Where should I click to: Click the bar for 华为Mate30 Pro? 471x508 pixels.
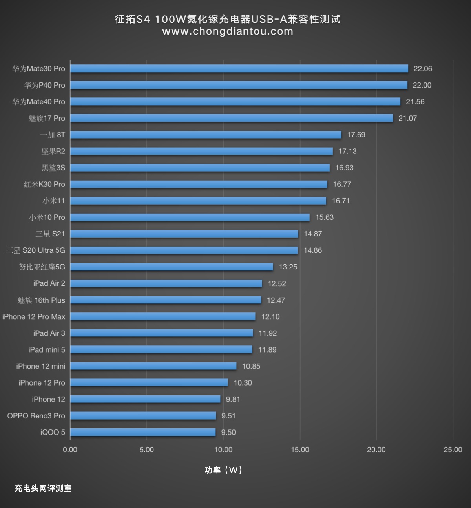tap(239, 69)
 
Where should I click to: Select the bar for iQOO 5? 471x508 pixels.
tap(143, 432)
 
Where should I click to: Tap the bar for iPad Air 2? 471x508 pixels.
tap(166, 283)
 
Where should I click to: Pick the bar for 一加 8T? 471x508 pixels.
tap(206, 135)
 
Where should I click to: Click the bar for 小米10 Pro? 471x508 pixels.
tap(190, 217)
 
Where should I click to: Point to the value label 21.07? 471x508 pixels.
tap(407, 118)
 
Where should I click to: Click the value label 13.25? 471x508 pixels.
tap(288, 267)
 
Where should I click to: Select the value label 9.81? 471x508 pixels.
tap(233, 399)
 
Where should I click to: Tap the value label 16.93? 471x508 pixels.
tap(344, 168)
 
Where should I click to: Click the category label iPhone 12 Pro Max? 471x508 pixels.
tap(34, 316)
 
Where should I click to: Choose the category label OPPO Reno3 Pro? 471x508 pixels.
tap(36, 416)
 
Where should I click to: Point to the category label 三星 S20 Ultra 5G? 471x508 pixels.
tap(35, 250)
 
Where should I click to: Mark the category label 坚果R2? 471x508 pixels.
tap(53, 151)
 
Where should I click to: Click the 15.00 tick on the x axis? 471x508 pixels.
tap(300, 450)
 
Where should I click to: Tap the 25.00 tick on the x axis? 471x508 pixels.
tap(453, 450)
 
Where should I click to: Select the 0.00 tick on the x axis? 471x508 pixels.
tap(70, 450)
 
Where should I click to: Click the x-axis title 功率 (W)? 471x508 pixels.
tap(223, 470)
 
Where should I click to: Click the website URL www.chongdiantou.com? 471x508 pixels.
tap(228, 31)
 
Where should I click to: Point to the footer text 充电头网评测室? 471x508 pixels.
tap(43, 488)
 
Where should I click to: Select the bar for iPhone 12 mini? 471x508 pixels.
tap(153, 366)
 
